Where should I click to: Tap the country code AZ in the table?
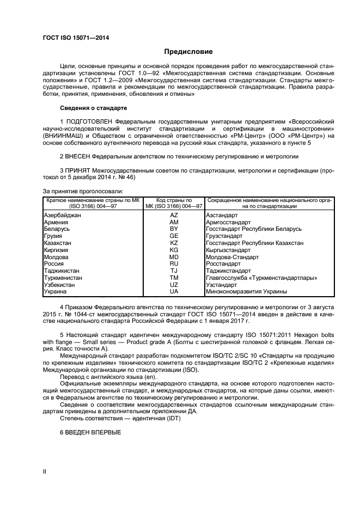click(x=174, y=216)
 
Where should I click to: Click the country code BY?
click(x=174, y=229)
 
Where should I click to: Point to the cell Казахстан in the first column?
click(x=58, y=243)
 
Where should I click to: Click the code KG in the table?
click(x=174, y=250)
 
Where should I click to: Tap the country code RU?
click(x=174, y=263)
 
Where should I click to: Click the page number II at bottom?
click(x=45, y=472)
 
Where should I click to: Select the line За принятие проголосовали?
click(x=83, y=191)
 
